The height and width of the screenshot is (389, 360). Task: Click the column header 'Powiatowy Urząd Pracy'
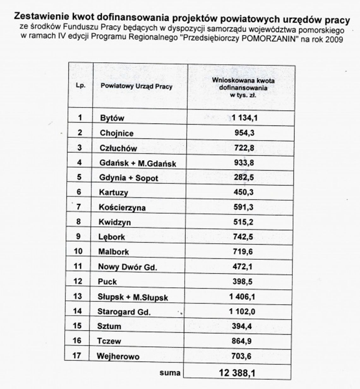[x=136, y=86]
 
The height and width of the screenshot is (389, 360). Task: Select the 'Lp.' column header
[x=81, y=85]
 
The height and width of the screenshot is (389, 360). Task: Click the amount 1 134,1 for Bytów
[x=244, y=118]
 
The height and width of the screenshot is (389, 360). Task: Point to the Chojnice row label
[x=117, y=133]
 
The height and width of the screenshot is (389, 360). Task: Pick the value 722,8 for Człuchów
[x=244, y=147]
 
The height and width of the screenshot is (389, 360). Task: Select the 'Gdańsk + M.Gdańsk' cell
[x=138, y=163]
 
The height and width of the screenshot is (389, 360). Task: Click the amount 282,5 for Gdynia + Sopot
[x=244, y=177]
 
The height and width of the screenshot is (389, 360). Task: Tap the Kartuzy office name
[x=113, y=192]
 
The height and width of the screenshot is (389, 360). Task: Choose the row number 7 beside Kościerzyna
[x=79, y=207]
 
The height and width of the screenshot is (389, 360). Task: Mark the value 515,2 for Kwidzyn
[x=243, y=222]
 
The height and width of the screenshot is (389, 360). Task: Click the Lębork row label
[x=112, y=237]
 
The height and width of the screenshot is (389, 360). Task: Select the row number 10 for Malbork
[x=78, y=251]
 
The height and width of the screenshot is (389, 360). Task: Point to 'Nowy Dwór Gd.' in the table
[x=127, y=267]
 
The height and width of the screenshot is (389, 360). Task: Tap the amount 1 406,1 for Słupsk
[x=242, y=296]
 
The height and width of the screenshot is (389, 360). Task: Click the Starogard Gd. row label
[x=124, y=312]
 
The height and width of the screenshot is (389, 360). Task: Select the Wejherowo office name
[x=118, y=357]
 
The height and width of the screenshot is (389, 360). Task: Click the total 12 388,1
[x=237, y=373]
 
